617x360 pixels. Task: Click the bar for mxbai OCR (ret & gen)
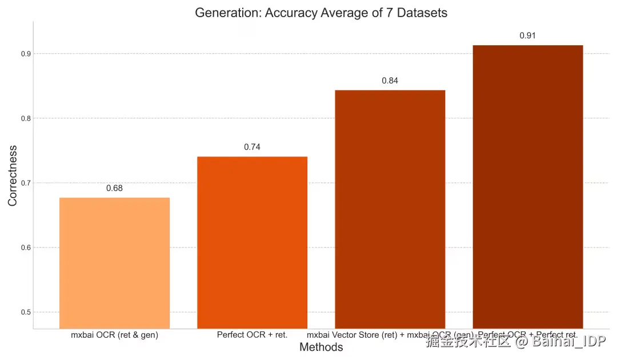tap(114, 263)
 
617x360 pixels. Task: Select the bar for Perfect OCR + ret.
tap(252, 242)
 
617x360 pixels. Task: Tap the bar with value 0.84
tap(390, 209)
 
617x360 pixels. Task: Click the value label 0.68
tap(114, 188)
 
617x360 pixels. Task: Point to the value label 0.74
tap(252, 147)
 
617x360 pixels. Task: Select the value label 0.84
tap(390, 81)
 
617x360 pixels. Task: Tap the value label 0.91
tap(527, 35)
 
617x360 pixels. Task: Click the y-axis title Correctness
tap(13, 175)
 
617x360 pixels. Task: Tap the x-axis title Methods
tap(321, 347)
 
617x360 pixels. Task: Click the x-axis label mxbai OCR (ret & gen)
tap(114, 335)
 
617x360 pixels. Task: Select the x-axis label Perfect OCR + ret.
tap(252, 335)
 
